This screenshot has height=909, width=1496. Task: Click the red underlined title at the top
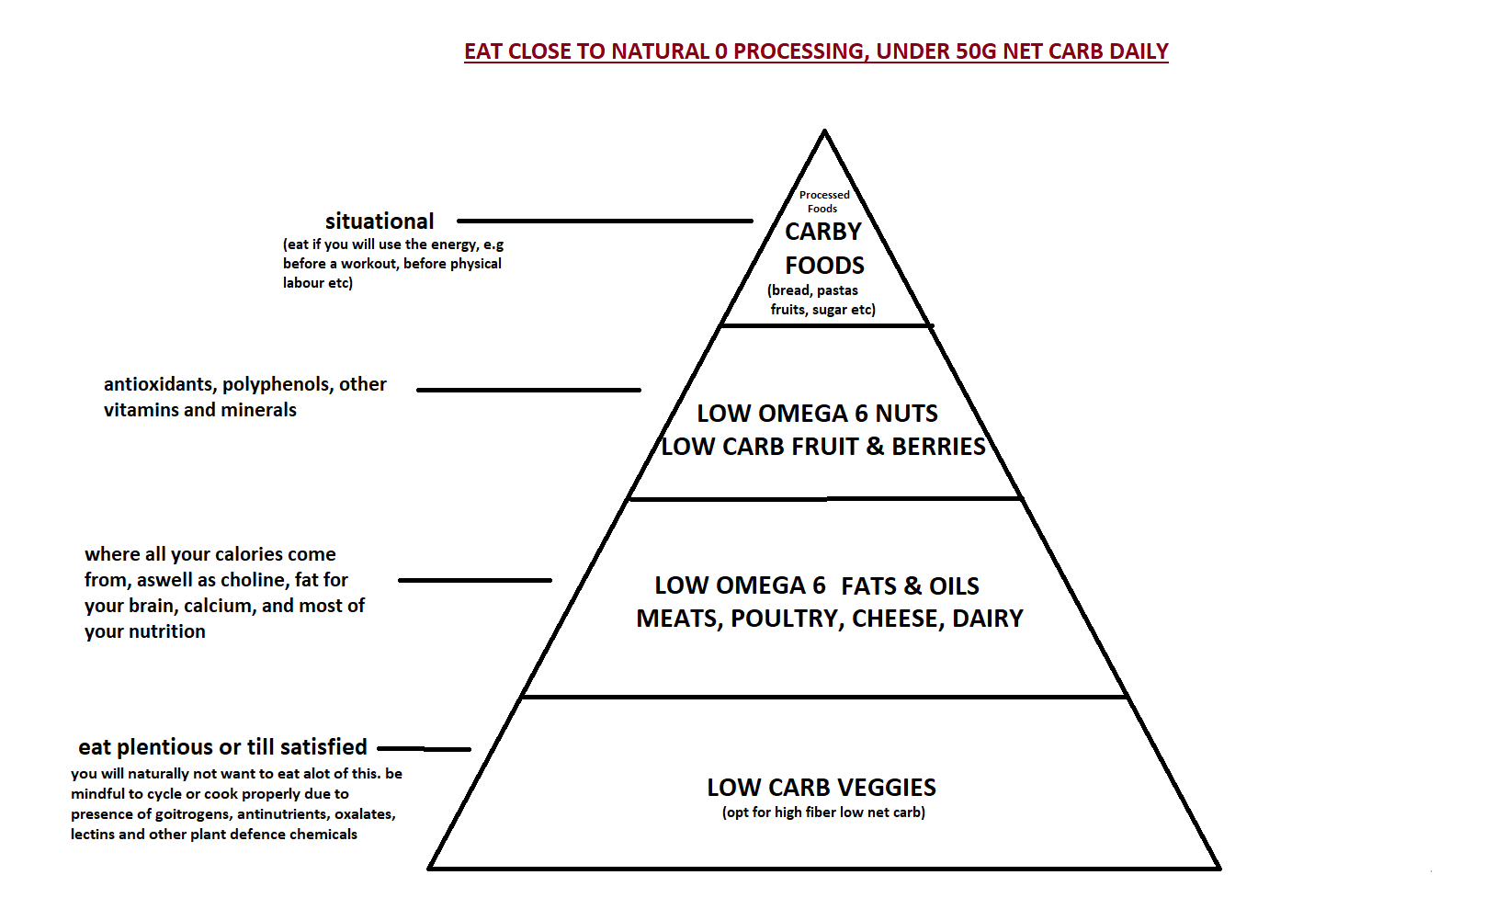(x=816, y=52)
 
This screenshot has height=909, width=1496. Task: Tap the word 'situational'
(x=380, y=222)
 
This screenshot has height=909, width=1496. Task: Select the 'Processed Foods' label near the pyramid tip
(x=824, y=201)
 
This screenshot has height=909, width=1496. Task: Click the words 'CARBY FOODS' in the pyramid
(x=824, y=248)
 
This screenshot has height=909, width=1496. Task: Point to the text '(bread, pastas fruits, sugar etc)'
(x=822, y=300)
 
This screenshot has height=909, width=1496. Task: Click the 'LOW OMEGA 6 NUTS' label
(x=818, y=414)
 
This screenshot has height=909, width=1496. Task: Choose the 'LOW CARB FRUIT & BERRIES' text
(x=822, y=446)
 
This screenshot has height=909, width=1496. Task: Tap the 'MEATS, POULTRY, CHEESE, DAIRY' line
(x=830, y=619)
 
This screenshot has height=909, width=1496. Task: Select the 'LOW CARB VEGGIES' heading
(x=822, y=788)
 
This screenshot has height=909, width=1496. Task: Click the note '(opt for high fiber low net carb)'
(x=823, y=812)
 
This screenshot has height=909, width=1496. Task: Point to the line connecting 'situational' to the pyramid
(x=605, y=221)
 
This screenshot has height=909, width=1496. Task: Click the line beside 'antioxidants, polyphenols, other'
(x=529, y=390)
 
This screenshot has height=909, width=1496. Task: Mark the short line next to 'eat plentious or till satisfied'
(x=425, y=749)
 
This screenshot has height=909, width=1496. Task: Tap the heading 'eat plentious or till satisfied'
(x=222, y=746)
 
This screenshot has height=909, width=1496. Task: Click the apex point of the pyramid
(x=825, y=131)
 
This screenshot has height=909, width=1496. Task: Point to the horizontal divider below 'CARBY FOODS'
(x=827, y=326)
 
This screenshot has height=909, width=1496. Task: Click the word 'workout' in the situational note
(x=368, y=264)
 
